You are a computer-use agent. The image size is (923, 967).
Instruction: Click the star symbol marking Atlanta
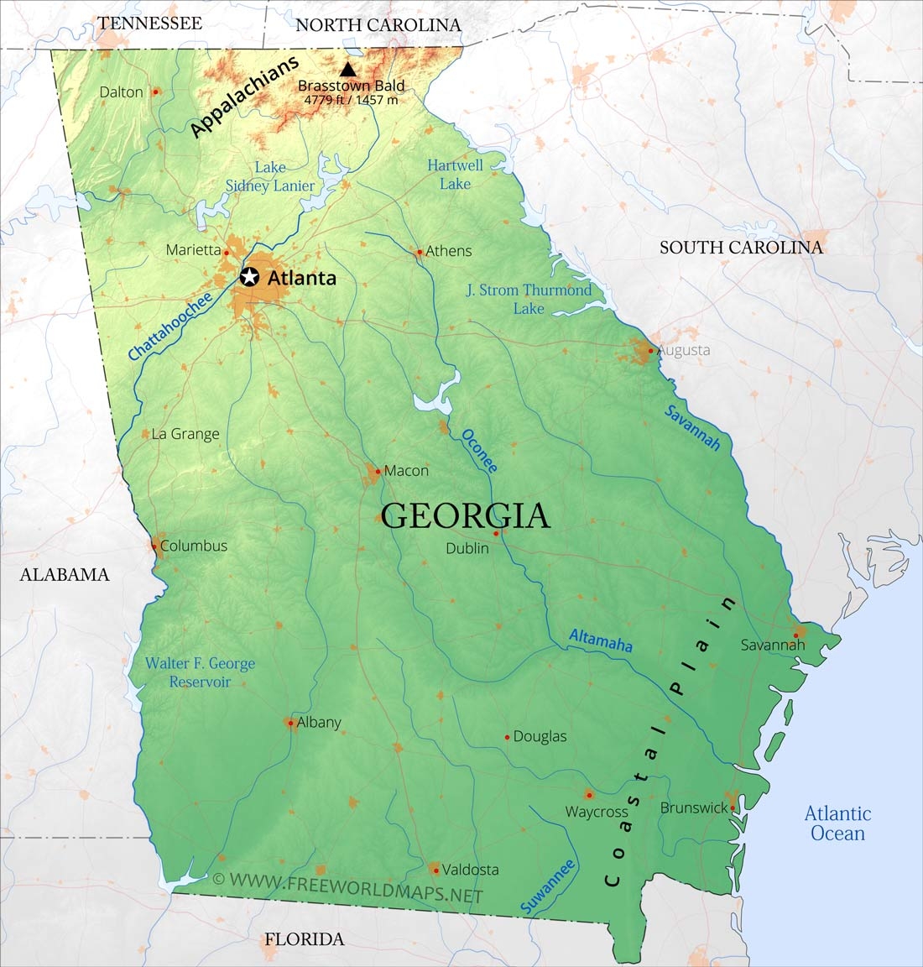(249, 277)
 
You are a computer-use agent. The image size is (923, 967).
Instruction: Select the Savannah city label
(772, 645)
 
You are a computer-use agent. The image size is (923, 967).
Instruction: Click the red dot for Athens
(420, 251)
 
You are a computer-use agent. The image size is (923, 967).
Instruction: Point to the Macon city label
(406, 471)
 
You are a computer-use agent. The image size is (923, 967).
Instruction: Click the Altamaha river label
(601, 640)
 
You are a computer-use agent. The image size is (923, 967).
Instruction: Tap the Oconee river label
(480, 452)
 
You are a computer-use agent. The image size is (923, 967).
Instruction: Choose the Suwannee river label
(548, 886)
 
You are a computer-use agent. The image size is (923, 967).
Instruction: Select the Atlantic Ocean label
(837, 823)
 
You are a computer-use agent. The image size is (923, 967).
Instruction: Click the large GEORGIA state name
(466, 516)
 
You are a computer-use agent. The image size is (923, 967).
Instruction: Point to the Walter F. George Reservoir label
(200, 672)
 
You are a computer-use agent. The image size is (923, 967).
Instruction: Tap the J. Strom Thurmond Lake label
(529, 299)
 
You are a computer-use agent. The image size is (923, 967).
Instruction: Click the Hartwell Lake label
(455, 174)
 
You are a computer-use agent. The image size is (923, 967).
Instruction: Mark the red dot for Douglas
(508, 737)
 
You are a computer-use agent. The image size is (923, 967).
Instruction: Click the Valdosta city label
(470, 870)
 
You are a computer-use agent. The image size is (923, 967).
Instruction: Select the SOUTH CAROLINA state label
(741, 247)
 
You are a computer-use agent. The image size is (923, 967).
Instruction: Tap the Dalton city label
(122, 92)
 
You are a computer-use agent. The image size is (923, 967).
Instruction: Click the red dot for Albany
(290, 722)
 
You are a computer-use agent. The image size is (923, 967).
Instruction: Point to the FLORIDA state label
(305, 939)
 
